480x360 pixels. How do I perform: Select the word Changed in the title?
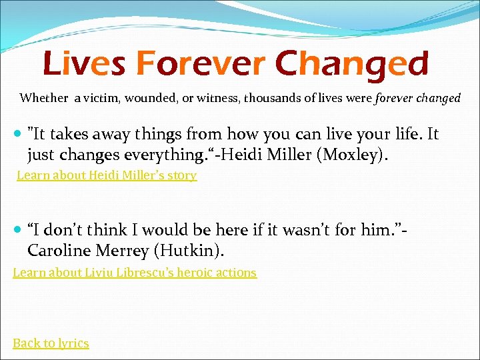(x=351, y=64)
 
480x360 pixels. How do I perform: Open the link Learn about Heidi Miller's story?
(x=107, y=175)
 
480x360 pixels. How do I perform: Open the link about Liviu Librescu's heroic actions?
(x=135, y=272)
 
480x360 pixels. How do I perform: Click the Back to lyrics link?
(x=51, y=343)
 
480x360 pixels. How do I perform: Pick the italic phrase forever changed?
(x=418, y=98)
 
